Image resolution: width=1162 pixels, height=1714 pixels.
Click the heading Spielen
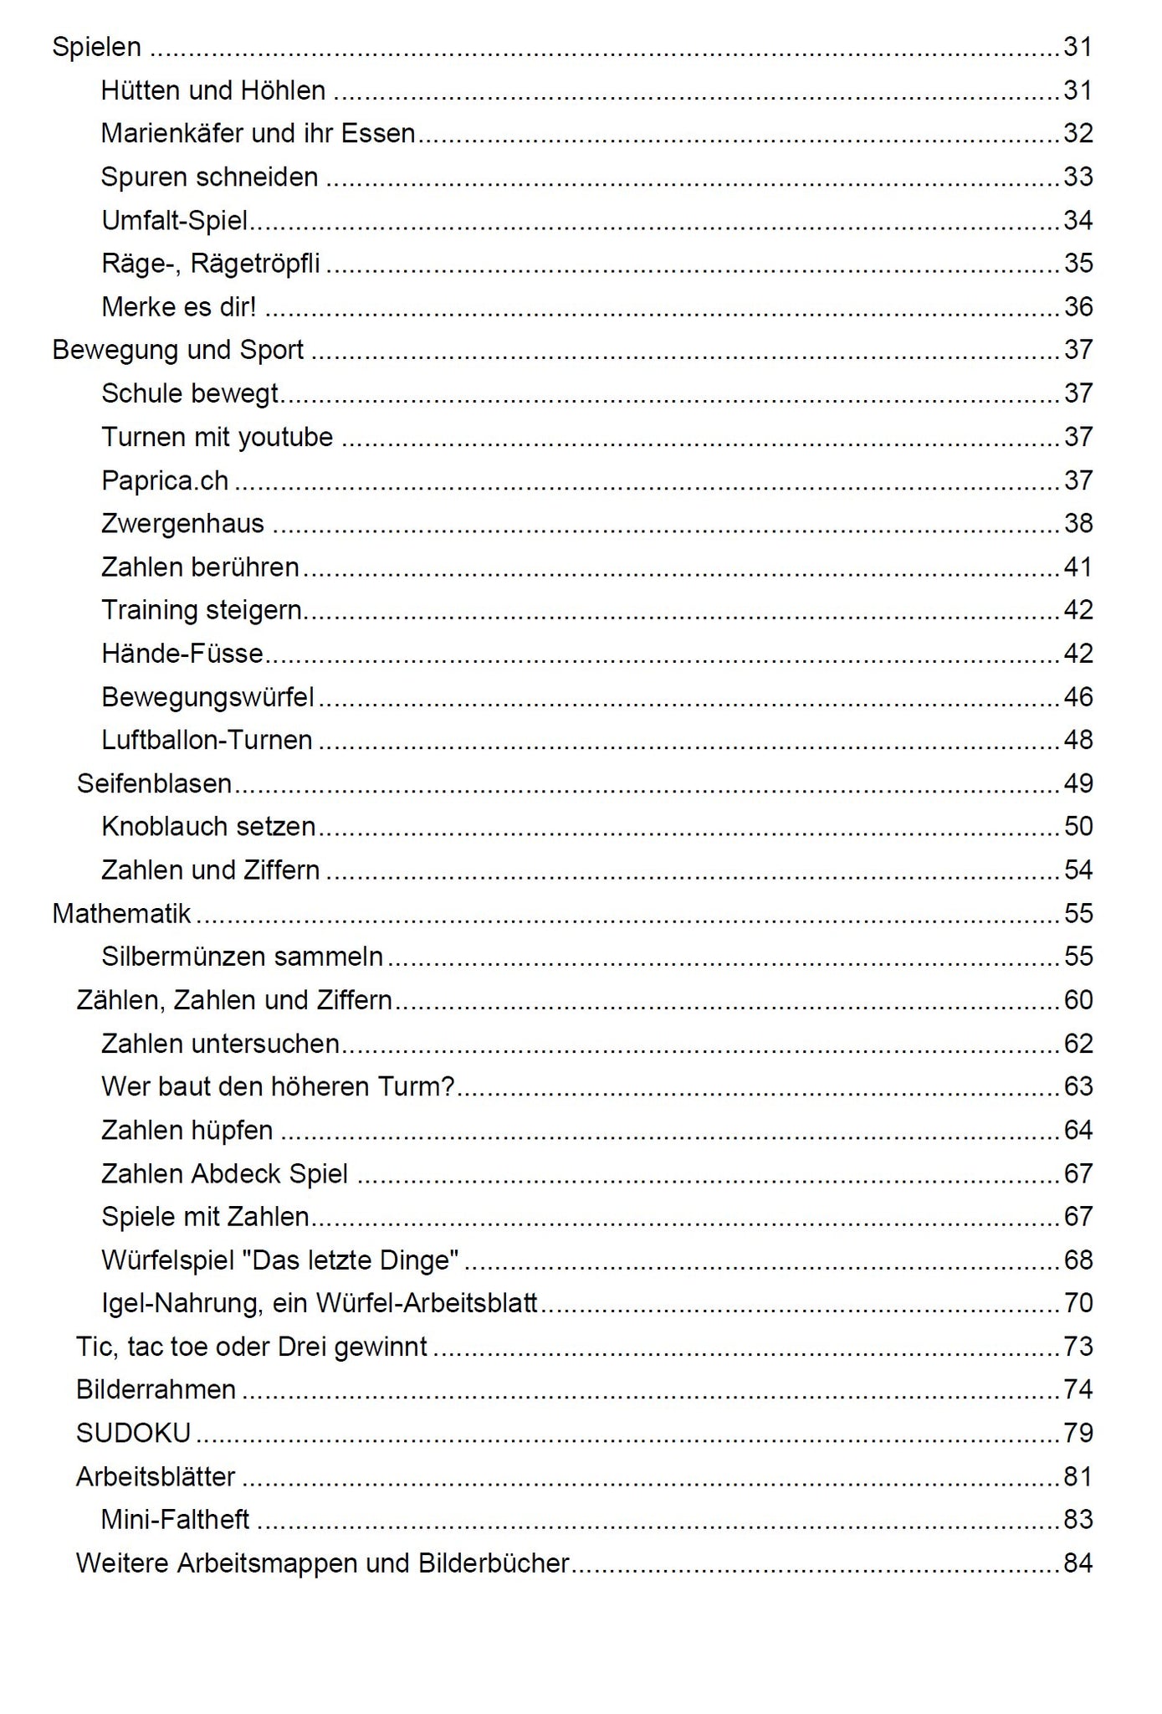coord(96,47)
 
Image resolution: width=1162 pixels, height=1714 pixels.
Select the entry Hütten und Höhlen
coord(213,90)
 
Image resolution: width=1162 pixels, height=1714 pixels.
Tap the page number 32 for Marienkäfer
coord(1078,134)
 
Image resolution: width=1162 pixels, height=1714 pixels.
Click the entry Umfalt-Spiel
coord(174,221)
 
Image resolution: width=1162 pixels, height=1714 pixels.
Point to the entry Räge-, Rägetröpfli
coord(210,264)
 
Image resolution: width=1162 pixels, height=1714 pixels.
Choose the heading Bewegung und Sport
coord(177,350)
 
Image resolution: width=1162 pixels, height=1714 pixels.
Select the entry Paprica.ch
coord(165,480)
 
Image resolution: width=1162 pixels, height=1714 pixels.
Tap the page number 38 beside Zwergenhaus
coord(1078,524)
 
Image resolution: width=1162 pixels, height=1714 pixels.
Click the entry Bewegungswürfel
coord(207,697)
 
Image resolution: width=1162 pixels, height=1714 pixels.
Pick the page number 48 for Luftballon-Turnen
coord(1078,740)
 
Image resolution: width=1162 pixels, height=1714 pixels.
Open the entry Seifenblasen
coord(154,783)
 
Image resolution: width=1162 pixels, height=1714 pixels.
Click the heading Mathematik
coord(121,913)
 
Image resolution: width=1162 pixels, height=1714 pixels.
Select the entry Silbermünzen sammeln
coord(242,957)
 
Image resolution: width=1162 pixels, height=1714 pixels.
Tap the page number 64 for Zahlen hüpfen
coord(1078,1131)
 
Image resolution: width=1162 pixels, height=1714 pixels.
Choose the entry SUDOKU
coord(133,1434)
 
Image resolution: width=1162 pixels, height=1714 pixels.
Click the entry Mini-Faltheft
coord(175,1520)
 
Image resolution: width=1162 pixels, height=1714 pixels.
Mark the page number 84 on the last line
coord(1078,1563)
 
